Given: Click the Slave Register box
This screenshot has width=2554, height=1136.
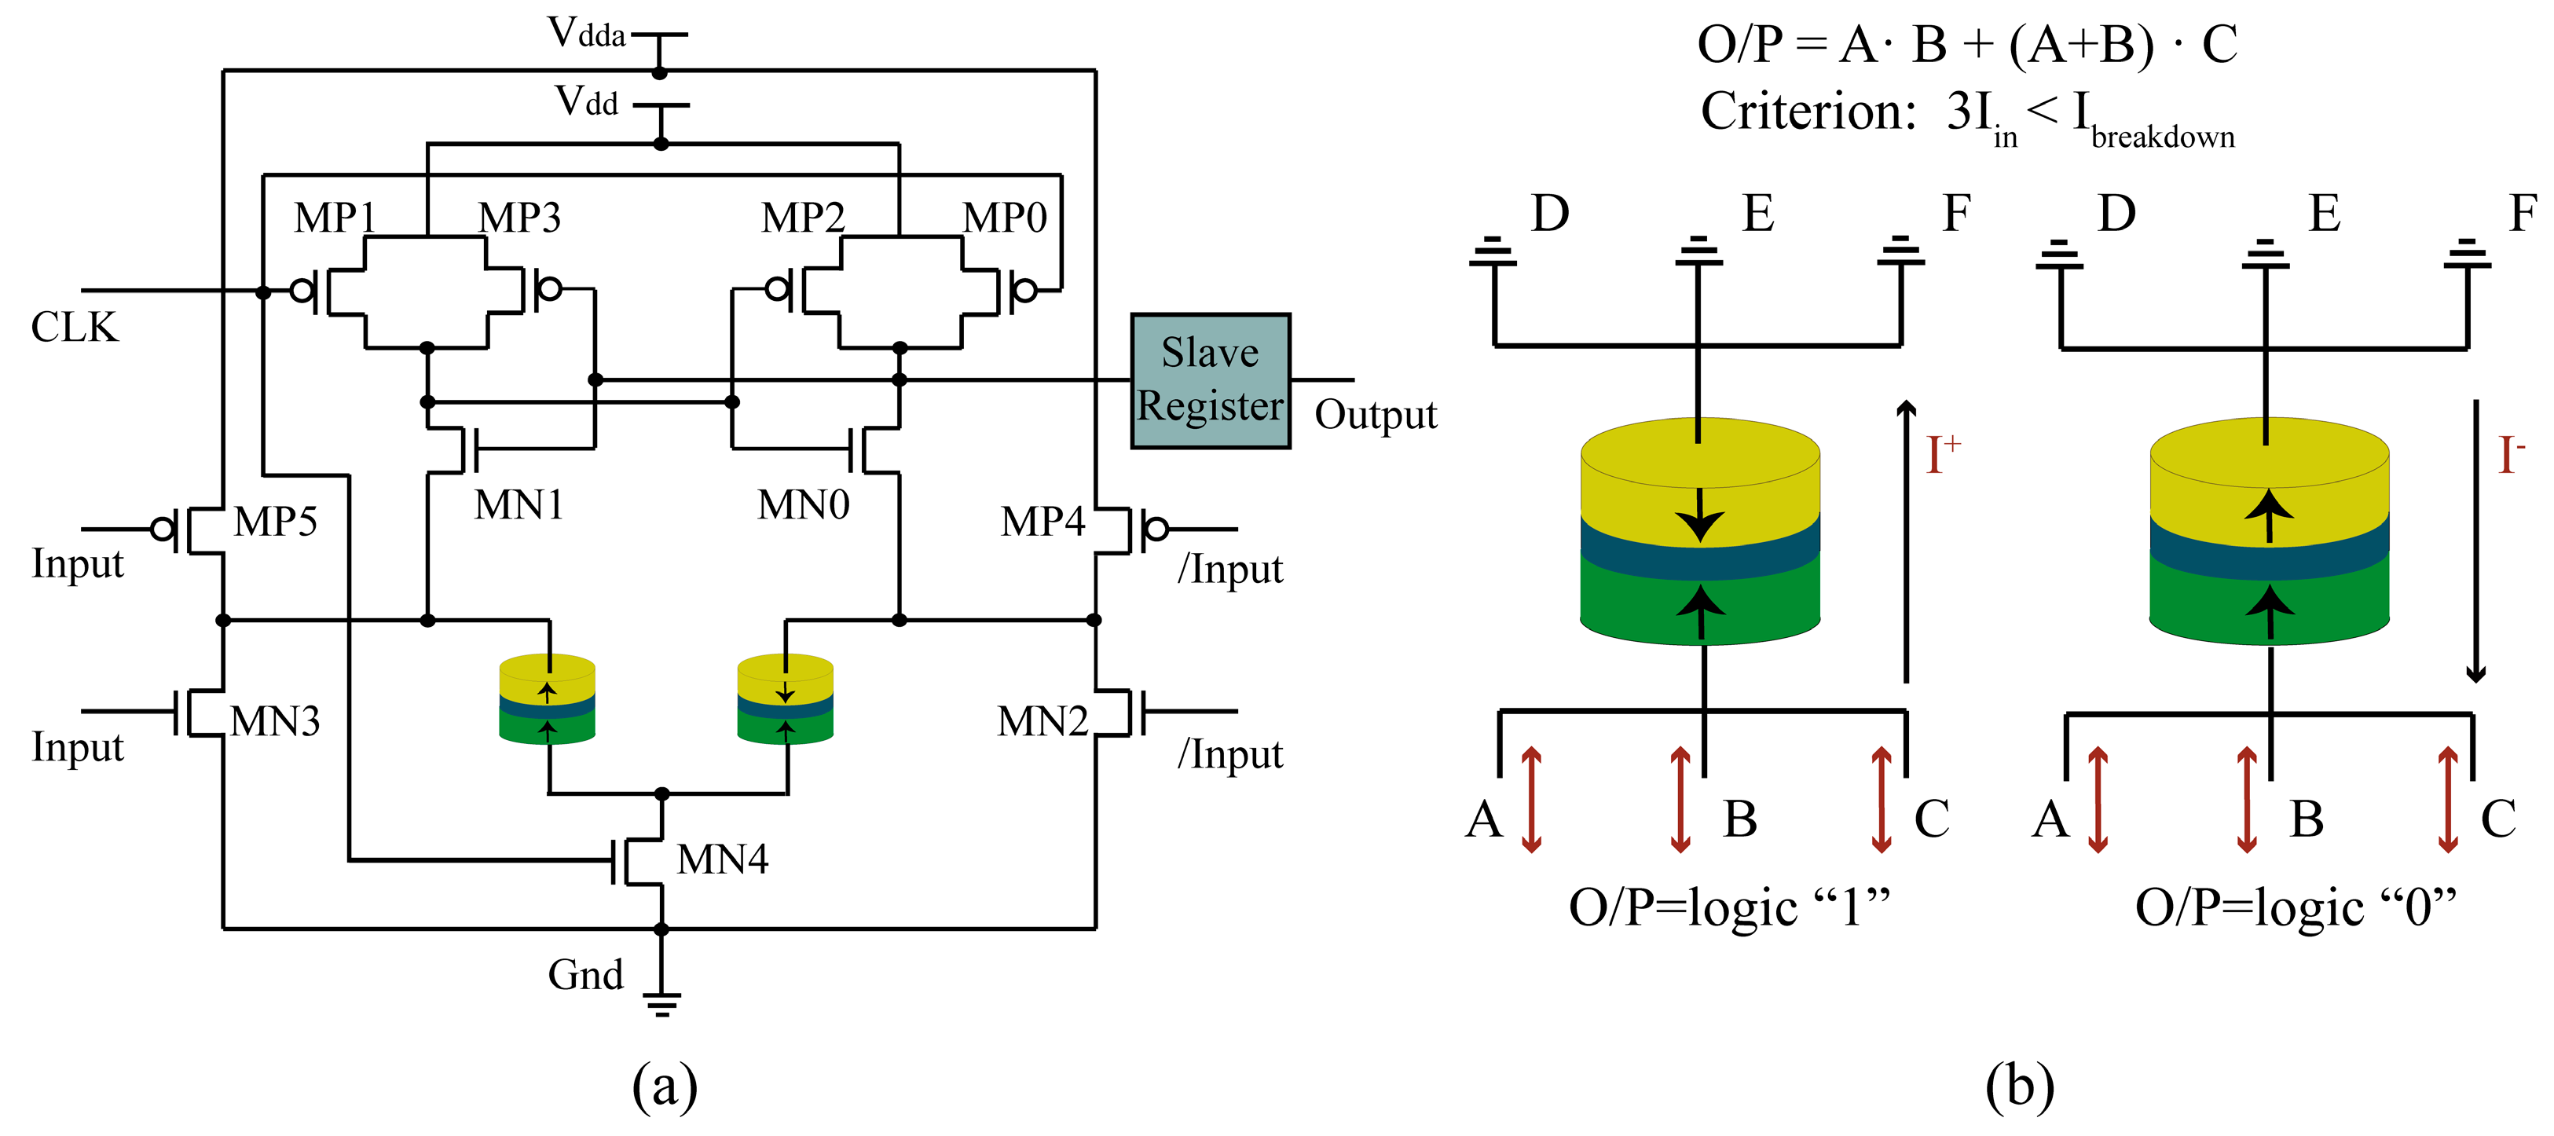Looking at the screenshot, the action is (x=1211, y=382).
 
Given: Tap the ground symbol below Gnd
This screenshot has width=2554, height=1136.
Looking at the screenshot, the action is (x=661, y=1004).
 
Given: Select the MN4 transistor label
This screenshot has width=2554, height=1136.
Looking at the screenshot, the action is (x=723, y=859).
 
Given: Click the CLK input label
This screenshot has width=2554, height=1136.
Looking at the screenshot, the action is (x=75, y=327).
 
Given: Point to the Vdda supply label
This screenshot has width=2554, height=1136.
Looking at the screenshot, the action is (x=587, y=34).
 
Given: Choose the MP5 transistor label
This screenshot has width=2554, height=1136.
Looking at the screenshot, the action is (x=276, y=522).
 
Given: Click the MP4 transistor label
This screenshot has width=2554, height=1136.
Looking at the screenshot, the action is (x=1043, y=522).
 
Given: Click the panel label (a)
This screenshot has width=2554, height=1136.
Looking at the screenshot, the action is (x=665, y=1087).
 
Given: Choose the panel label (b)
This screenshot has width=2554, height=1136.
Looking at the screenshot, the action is (x=2020, y=1087).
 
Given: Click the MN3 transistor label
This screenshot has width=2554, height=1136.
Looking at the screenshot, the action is (x=275, y=722).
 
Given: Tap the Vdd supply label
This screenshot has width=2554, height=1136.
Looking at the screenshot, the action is (x=586, y=101).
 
